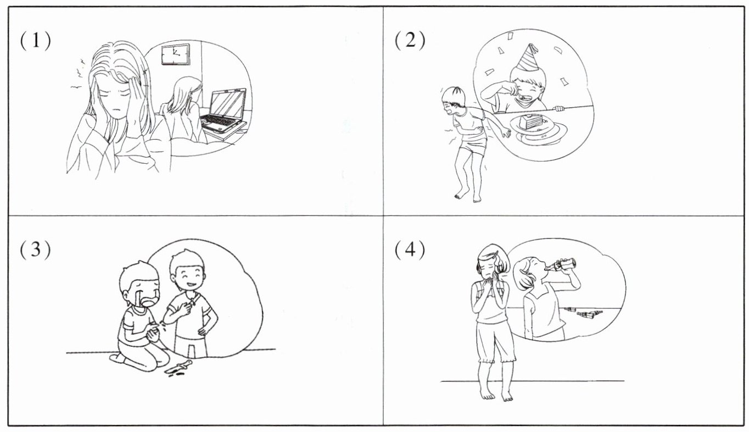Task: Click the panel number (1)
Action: click(36, 41)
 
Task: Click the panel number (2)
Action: click(410, 41)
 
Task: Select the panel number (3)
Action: click(36, 250)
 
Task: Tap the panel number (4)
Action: click(410, 250)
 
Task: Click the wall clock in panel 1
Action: click(175, 54)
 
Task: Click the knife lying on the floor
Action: click(179, 367)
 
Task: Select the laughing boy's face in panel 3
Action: click(188, 279)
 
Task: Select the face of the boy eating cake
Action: click(528, 88)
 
